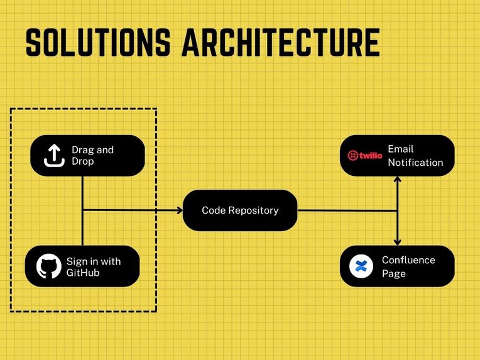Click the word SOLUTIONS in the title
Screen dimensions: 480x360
[98, 42]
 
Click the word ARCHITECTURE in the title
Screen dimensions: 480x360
[281, 42]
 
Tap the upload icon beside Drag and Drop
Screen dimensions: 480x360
[54, 156]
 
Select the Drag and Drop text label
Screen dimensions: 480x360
[92, 156]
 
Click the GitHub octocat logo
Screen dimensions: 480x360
[48, 266]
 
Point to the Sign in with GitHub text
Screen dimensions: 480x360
[94, 266]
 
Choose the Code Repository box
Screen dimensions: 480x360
[240, 210]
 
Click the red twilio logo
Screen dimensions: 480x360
[365, 156]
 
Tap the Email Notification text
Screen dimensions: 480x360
[415, 156]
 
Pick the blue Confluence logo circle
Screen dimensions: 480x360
[361, 266]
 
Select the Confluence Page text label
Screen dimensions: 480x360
[408, 266]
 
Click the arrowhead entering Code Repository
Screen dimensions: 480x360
[180, 210]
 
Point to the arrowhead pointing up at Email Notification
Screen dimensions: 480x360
[397, 179]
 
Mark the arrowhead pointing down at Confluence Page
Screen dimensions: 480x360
[397, 242]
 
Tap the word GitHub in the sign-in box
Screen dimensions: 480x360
[83, 273]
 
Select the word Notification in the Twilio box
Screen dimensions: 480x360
[415, 162]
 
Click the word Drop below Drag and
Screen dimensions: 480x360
[83, 161]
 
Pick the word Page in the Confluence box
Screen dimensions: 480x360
[394, 273]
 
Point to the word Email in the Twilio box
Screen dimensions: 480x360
[400, 149]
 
